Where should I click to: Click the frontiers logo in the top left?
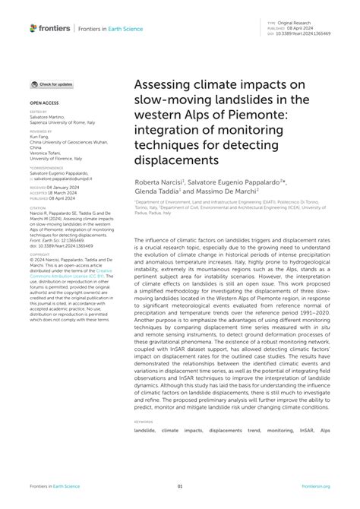[50, 28]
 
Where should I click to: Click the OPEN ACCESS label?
[45, 101]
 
